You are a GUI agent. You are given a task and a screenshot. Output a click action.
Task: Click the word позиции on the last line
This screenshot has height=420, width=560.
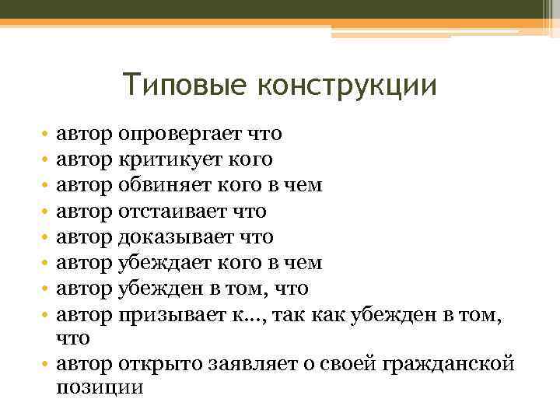coord(100,387)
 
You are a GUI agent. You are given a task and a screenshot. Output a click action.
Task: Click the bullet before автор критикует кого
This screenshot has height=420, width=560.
coord(47,160)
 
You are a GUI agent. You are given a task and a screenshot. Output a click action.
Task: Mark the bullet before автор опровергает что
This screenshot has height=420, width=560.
coord(47,135)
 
